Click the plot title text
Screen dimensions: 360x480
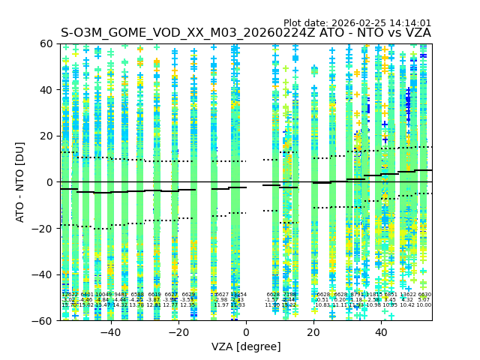click(x=245, y=33)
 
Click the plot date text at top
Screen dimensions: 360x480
click(x=357, y=23)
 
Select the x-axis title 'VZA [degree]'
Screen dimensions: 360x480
click(x=246, y=346)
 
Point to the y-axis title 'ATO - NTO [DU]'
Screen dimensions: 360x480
click(x=21, y=181)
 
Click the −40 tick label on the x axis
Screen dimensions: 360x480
click(x=110, y=332)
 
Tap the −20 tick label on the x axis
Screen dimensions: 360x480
click(x=178, y=332)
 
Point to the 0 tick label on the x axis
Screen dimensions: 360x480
click(x=246, y=332)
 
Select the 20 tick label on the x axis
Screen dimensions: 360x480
click(x=313, y=332)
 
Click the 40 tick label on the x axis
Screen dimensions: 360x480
click(x=381, y=332)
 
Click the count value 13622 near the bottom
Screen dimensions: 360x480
click(x=409, y=295)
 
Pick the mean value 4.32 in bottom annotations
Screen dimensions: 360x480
click(x=407, y=300)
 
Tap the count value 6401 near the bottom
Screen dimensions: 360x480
click(x=87, y=295)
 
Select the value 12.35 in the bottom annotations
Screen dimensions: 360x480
click(x=187, y=305)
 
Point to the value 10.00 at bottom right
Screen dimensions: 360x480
click(x=424, y=305)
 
